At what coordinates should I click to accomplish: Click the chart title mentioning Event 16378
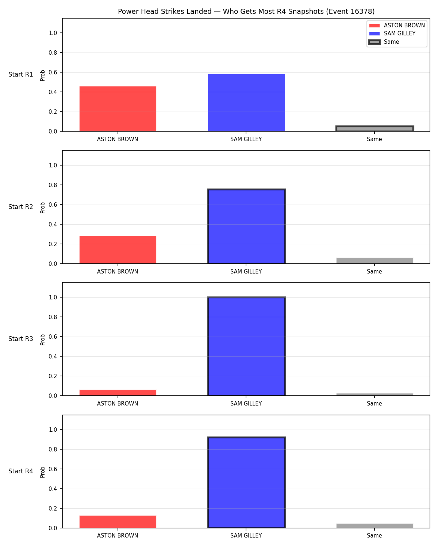click(246, 11)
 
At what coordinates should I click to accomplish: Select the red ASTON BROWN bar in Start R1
click(118, 109)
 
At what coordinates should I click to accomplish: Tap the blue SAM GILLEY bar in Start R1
click(246, 103)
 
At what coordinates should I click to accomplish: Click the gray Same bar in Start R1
click(374, 129)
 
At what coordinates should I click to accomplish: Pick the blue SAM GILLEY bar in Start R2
click(246, 226)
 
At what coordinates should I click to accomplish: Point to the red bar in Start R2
click(118, 250)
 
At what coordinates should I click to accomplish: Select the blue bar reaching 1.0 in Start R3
click(246, 346)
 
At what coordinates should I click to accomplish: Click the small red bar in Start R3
click(118, 393)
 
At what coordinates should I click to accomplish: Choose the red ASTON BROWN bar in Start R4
click(118, 522)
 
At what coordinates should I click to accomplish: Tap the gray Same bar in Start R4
click(374, 525)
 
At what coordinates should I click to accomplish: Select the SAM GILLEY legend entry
click(392, 34)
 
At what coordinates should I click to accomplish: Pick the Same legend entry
click(384, 42)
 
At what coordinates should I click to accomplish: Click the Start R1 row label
click(20, 74)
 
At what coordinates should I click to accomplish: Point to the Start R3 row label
click(20, 339)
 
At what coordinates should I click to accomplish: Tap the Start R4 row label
click(20, 471)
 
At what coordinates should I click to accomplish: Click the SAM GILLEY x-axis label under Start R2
click(246, 271)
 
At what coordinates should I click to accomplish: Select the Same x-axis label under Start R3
click(374, 404)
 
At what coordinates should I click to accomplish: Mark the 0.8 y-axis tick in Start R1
click(53, 53)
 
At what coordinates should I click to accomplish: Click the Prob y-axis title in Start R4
click(42, 472)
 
